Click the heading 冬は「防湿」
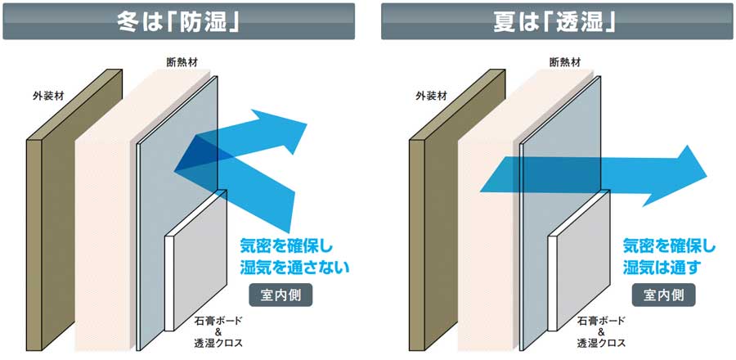[177, 20]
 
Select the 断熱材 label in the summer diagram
[565, 61]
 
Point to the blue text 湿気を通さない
[294, 267]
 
